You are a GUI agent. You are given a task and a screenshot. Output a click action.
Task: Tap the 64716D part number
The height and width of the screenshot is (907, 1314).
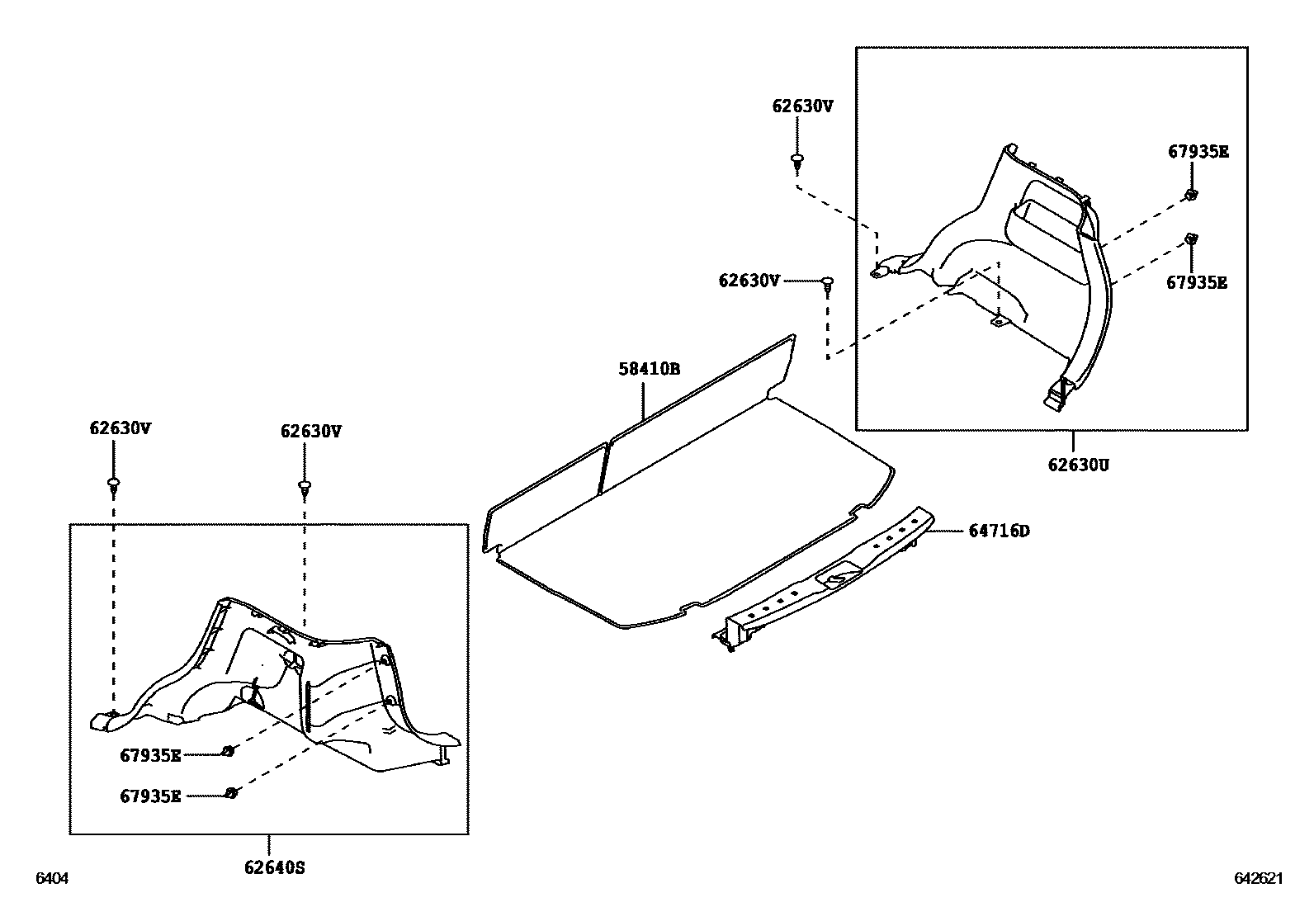coord(999,531)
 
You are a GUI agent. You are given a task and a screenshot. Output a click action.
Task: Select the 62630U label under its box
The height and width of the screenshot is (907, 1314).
coord(1078,465)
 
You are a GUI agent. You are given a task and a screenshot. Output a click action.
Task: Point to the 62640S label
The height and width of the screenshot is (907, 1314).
coord(274,867)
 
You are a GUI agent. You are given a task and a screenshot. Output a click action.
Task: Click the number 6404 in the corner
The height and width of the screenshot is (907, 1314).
coord(50,879)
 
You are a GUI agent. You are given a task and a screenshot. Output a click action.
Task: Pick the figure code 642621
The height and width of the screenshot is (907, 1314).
coord(1258,879)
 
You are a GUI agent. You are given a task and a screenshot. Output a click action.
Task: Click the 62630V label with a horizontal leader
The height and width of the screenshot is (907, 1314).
coord(749,281)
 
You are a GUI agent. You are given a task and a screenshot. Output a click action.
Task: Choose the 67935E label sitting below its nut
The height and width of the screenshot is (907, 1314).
coord(1196,282)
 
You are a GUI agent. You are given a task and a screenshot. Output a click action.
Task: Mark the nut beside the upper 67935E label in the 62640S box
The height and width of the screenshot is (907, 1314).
coord(229,751)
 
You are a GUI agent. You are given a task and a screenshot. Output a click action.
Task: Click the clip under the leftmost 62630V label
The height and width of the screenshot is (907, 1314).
coord(113,484)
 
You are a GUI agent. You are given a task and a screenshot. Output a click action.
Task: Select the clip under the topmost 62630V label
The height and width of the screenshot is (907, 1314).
coord(797,161)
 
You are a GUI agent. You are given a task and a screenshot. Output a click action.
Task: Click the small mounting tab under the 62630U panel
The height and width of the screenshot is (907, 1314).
coord(998,321)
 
